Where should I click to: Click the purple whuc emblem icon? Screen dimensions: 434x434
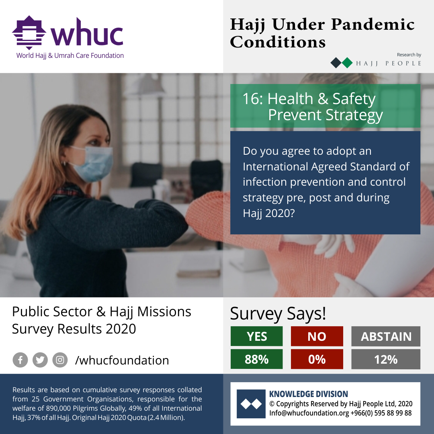click(29, 33)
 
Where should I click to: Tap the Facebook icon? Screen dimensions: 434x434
click(20, 360)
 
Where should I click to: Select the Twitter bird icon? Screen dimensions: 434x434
click(40, 360)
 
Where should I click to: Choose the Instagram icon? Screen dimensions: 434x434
click(60, 360)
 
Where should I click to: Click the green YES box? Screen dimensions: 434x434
click(256, 336)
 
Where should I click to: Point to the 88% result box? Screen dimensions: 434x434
click(256, 359)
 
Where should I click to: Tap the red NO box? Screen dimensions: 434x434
click(317, 336)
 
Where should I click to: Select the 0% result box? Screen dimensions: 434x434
click(317, 359)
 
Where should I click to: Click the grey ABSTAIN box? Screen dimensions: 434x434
click(386, 336)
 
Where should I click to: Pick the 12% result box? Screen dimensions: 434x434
click(386, 359)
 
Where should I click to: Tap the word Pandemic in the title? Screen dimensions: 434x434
click(373, 25)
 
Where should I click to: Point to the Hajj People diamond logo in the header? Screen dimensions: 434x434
click(342, 63)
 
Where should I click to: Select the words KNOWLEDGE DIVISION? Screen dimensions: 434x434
click(309, 394)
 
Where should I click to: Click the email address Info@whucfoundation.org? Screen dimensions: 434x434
click(309, 413)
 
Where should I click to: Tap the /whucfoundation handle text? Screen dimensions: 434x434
click(122, 360)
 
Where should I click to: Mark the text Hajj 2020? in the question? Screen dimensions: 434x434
click(269, 213)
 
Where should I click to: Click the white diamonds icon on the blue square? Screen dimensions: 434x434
click(251, 404)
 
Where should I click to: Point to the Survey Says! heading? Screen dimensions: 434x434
click(278, 314)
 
